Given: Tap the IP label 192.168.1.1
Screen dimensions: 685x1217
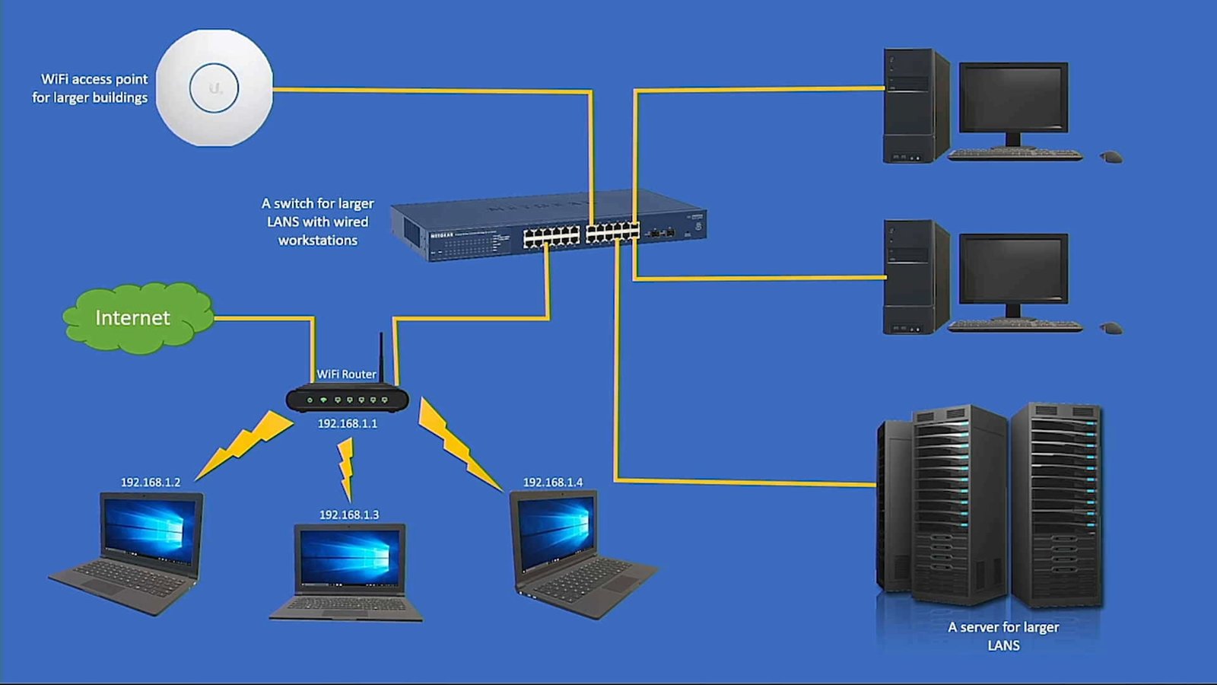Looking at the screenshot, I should click(348, 424).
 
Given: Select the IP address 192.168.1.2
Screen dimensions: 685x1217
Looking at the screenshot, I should click(151, 483).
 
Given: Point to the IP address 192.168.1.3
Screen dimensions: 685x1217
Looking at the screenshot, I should click(349, 515).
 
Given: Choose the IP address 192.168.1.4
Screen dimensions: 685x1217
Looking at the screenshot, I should click(553, 483).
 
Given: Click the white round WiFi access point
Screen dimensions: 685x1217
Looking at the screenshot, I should click(214, 88).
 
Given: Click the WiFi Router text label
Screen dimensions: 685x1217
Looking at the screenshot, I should click(346, 374).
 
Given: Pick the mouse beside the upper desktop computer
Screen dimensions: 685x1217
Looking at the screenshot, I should click(1111, 157).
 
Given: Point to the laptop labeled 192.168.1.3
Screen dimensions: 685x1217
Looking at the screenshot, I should click(348, 571).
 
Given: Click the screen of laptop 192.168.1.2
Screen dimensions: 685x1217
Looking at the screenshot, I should click(145, 527).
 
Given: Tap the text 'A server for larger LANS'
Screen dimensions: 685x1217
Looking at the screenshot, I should click(1003, 636).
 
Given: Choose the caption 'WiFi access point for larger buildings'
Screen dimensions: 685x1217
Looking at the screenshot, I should click(91, 88).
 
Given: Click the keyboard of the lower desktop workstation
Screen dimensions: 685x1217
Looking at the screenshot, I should click(1015, 326).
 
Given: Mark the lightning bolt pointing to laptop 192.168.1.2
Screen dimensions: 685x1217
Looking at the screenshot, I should click(243, 444).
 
